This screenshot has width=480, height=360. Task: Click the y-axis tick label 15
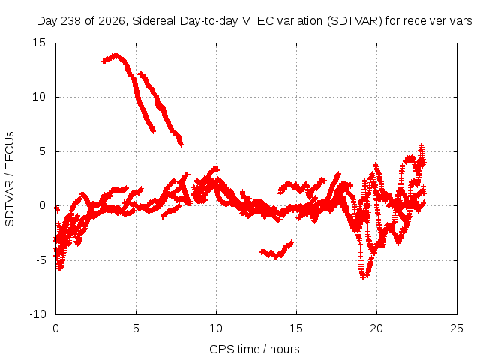click(39, 43)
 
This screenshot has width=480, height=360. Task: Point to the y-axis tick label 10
click(39, 97)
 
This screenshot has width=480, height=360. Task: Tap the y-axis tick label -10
click(37, 314)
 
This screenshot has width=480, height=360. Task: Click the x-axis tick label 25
click(457, 328)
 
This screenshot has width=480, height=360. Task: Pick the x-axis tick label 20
click(376, 328)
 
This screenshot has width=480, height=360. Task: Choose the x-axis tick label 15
click(296, 328)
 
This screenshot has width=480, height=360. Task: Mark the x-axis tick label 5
click(136, 328)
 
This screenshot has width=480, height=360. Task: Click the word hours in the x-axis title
click(285, 349)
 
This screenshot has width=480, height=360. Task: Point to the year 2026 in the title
click(112, 21)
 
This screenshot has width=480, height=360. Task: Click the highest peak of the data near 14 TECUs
click(115, 55)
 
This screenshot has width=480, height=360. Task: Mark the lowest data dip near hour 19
click(363, 277)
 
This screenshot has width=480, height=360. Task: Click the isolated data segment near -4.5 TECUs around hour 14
click(277, 250)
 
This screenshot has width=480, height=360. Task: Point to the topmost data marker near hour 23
click(421, 146)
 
